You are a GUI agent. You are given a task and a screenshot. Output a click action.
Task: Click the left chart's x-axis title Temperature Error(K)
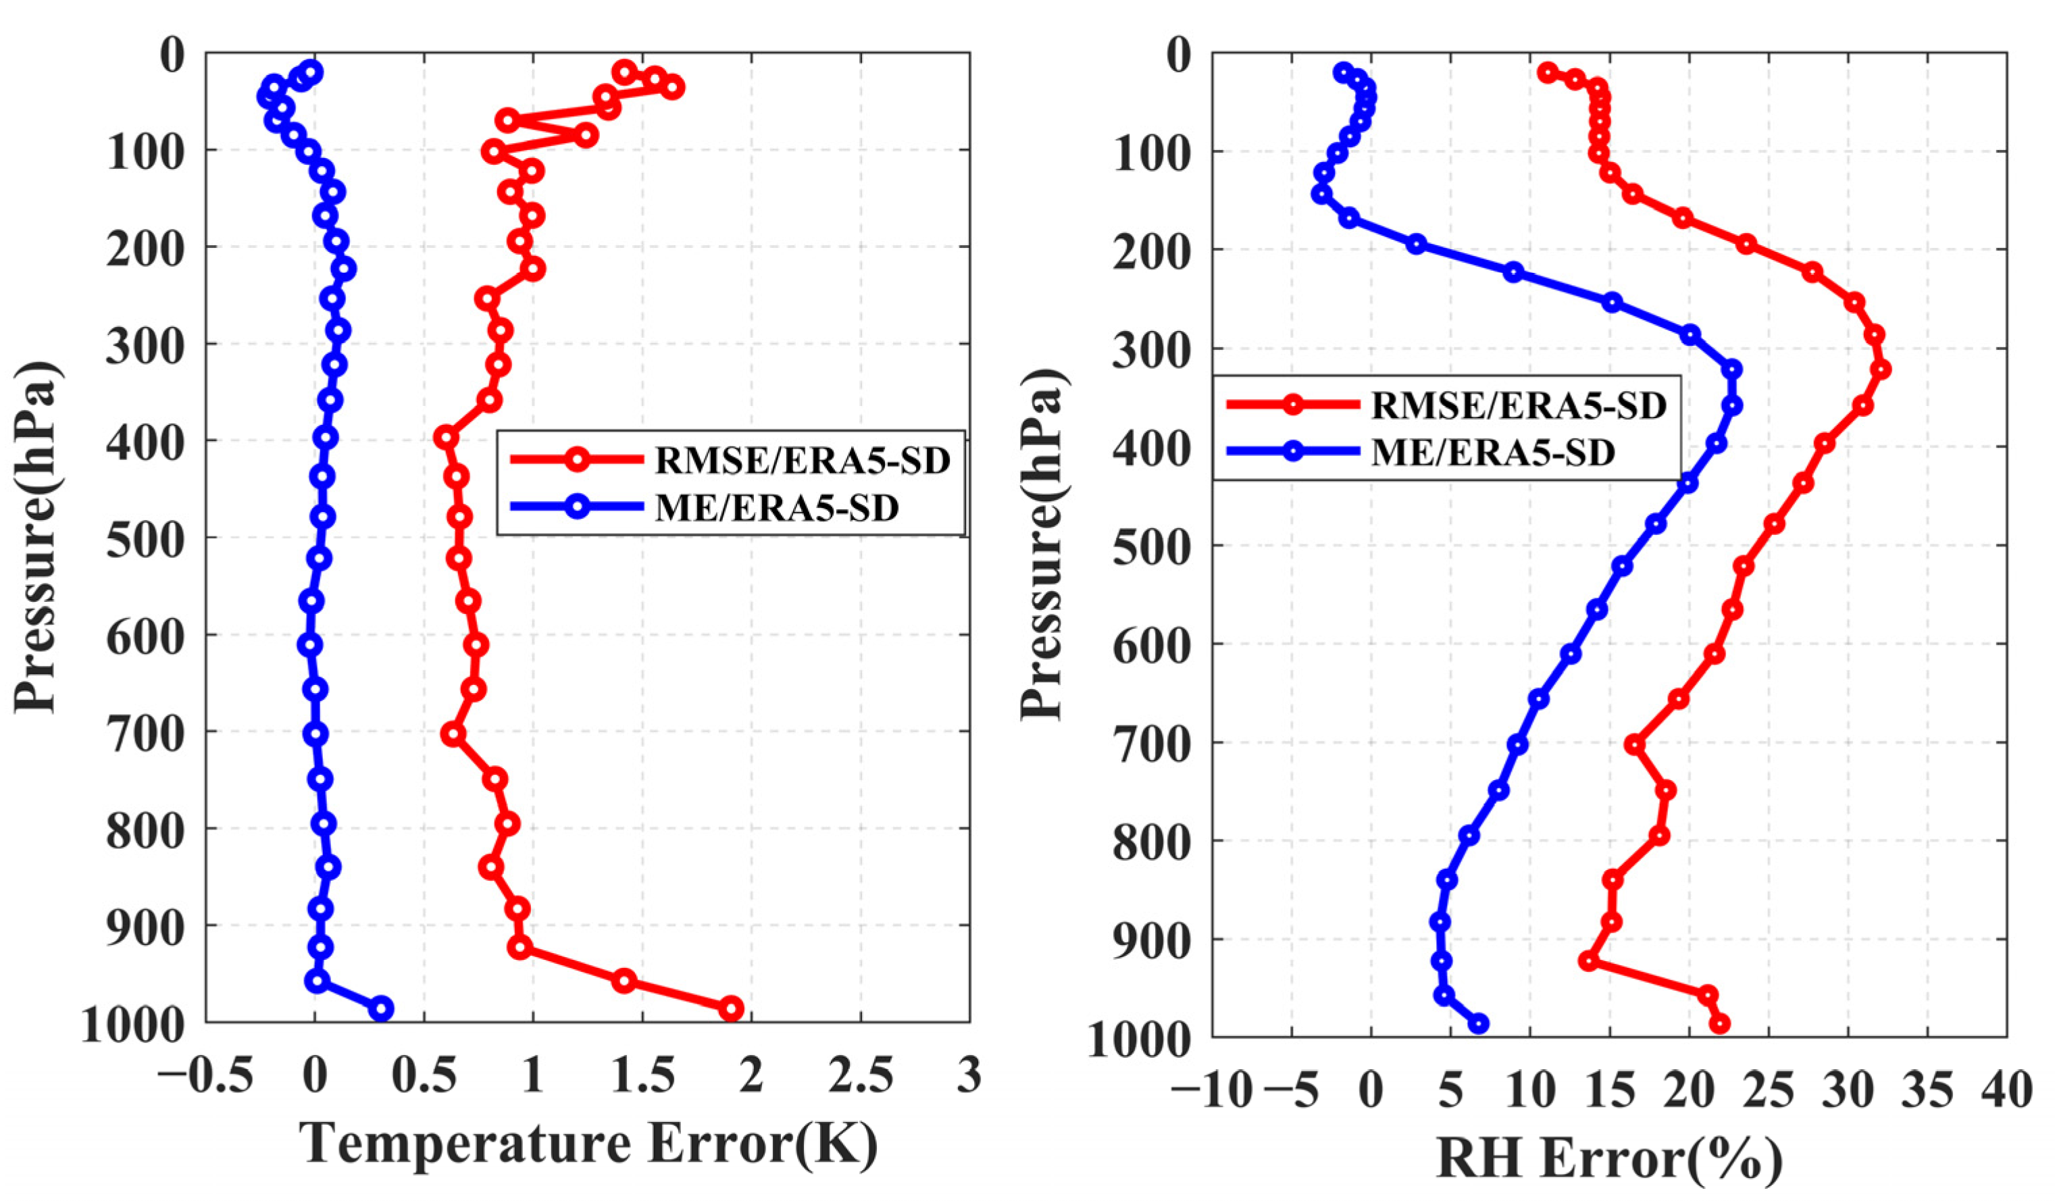589,1144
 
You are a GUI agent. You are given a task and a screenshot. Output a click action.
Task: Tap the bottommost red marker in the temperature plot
731,1008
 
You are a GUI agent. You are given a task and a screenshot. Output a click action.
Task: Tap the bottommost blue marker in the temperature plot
381,1008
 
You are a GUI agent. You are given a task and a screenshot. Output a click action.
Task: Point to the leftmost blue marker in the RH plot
1321,194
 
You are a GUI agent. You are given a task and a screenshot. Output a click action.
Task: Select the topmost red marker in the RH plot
1547,72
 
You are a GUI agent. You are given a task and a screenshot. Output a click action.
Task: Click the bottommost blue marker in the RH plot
1479,1023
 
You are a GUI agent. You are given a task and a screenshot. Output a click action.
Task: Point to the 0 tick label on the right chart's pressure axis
1179,55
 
